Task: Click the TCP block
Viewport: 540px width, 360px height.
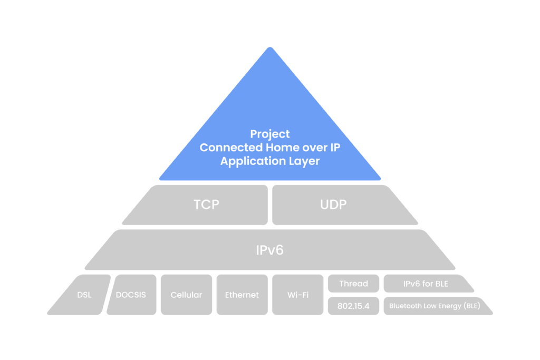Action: (206, 205)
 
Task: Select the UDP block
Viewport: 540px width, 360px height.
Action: (333, 205)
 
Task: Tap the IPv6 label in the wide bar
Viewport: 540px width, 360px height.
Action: (269, 250)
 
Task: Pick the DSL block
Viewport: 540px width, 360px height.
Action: (83, 295)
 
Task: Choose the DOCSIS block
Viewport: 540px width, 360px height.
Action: (131, 295)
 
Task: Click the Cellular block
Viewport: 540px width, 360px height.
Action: (186, 295)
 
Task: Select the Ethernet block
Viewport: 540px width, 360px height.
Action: (242, 295)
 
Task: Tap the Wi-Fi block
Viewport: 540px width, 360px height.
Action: (297, 295)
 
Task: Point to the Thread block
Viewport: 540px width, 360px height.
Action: (353, 284)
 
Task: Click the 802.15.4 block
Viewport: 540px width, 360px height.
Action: (353, 306)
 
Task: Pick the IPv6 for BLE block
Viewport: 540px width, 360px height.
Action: (426, 284)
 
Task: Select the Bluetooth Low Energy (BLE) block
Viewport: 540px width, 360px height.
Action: (435, 306)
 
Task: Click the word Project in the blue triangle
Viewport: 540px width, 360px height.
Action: (270, 134)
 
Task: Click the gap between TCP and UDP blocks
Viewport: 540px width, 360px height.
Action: (269, 205)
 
